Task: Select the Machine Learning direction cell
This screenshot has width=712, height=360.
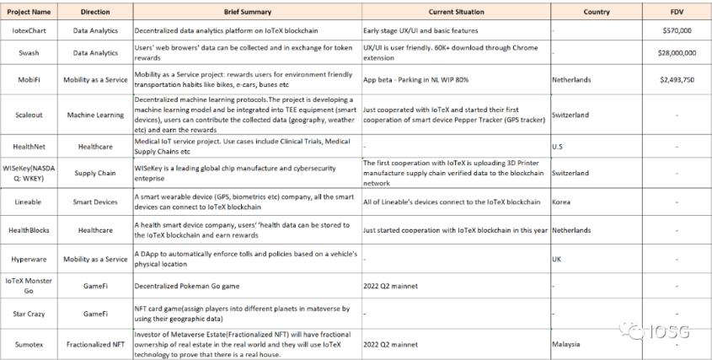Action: click(x=95, y=114)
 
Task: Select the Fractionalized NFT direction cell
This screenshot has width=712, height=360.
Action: click(x=95, y=343)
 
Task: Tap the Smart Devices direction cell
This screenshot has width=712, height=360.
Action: click(x=95, y=203)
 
